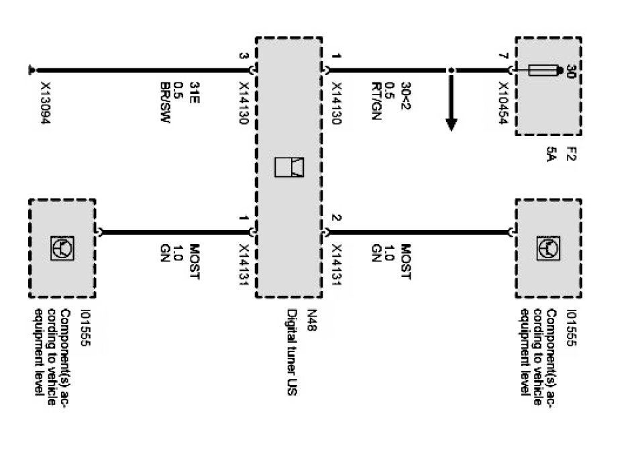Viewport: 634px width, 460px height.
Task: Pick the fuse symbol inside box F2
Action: point(543,70)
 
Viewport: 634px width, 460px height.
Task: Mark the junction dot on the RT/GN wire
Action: point(452,70)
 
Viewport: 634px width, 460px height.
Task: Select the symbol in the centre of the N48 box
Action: point(289,167)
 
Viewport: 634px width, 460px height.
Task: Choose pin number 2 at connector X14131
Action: point(337,219)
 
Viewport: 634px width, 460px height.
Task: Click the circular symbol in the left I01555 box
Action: point(63,249)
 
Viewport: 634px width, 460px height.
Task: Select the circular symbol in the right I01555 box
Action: point(548,249)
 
